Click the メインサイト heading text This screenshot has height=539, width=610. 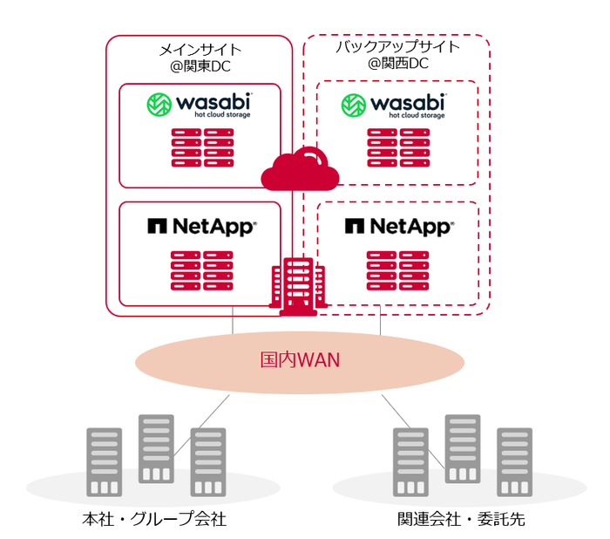tap(200, 50)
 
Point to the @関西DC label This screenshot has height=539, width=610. tap(397, 64)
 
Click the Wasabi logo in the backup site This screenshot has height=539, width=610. tap(396, 106)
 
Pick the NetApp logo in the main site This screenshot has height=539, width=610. tap(201, 227)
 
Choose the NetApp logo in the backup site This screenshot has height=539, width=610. tap(398, 227)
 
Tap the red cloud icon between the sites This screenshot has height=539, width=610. tap(300, 168)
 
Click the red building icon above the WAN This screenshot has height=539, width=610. tap(298, 284)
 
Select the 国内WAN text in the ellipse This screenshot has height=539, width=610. tap(300, 359)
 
